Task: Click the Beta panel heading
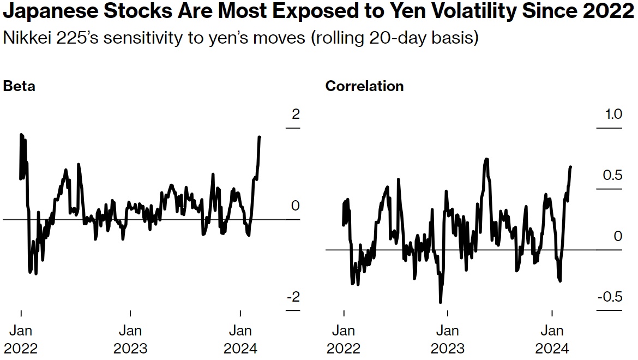19,86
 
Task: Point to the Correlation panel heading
364,86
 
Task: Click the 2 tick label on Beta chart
296,115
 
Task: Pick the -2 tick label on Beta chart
293,297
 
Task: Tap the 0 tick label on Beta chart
296,206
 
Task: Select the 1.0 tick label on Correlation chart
613,115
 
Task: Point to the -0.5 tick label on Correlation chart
610,297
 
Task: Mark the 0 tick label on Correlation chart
618,237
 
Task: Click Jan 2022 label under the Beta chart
21,339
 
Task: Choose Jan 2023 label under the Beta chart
130,339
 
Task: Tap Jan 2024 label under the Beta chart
240,339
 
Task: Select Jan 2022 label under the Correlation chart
344,339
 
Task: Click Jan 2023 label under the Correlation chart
448,339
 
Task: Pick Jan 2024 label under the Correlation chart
552,339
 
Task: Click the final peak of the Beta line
260,137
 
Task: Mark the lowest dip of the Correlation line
440,302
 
